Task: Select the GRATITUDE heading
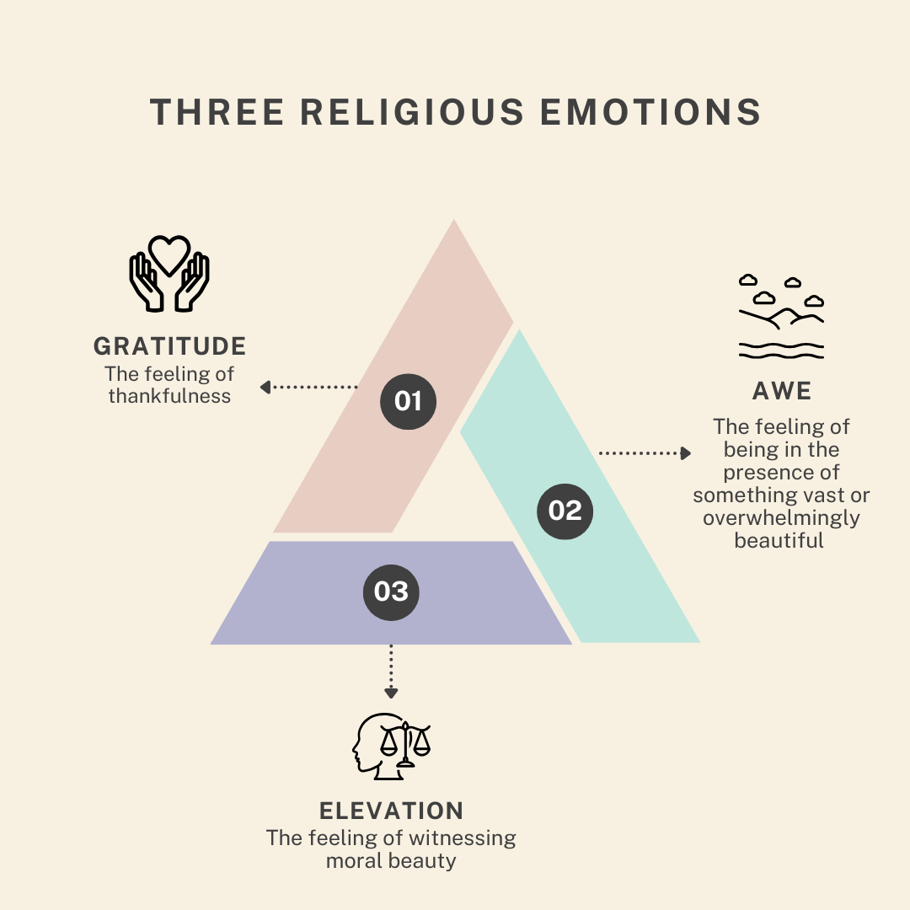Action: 169,346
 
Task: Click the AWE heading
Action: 781,391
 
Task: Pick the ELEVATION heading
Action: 391,811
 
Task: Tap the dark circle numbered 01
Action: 408,401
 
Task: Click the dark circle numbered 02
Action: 565,510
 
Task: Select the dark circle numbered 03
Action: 391,591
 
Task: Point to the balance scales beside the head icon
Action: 405,742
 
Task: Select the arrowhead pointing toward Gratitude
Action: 265,387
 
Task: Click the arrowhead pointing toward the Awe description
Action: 685,453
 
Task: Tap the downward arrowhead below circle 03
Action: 391,693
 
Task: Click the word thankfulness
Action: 169,395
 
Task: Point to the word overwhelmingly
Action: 781,517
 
